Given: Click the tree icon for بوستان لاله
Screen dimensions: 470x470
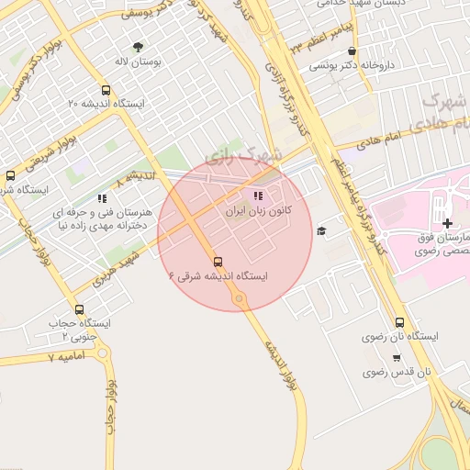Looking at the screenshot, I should tap(138, 47).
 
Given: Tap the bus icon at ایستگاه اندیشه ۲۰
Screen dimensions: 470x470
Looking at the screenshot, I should tap(106, 91).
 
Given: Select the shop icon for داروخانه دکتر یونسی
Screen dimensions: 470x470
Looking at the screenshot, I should tap(352, 51).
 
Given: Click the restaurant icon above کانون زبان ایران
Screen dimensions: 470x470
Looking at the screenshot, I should tap(259, 196).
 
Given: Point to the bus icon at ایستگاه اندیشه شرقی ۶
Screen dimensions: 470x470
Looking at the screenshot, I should tap(218, 260).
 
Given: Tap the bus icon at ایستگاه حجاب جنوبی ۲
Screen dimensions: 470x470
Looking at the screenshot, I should tap(79, 309).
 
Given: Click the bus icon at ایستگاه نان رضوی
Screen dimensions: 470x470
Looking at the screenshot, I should tap(398, 322).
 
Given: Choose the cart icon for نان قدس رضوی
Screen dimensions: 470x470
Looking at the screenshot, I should tap(397, 357).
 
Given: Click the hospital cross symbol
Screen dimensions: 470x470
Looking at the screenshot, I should tap(447, 223).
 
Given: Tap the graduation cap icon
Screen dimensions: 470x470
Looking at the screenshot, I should tap(320, 230).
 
